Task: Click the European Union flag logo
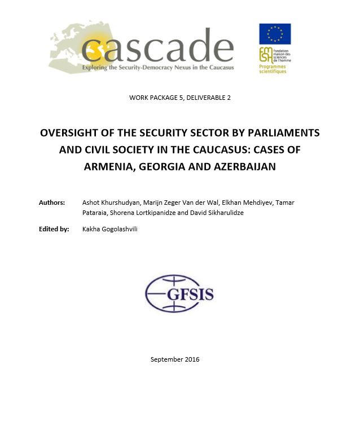[x=275, y=34]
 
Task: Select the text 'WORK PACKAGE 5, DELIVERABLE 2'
[x=179, y=98]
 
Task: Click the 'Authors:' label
[x=52, y=203]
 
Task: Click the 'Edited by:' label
[x=54, y=229]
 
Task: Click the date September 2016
[x=175, y=359]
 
